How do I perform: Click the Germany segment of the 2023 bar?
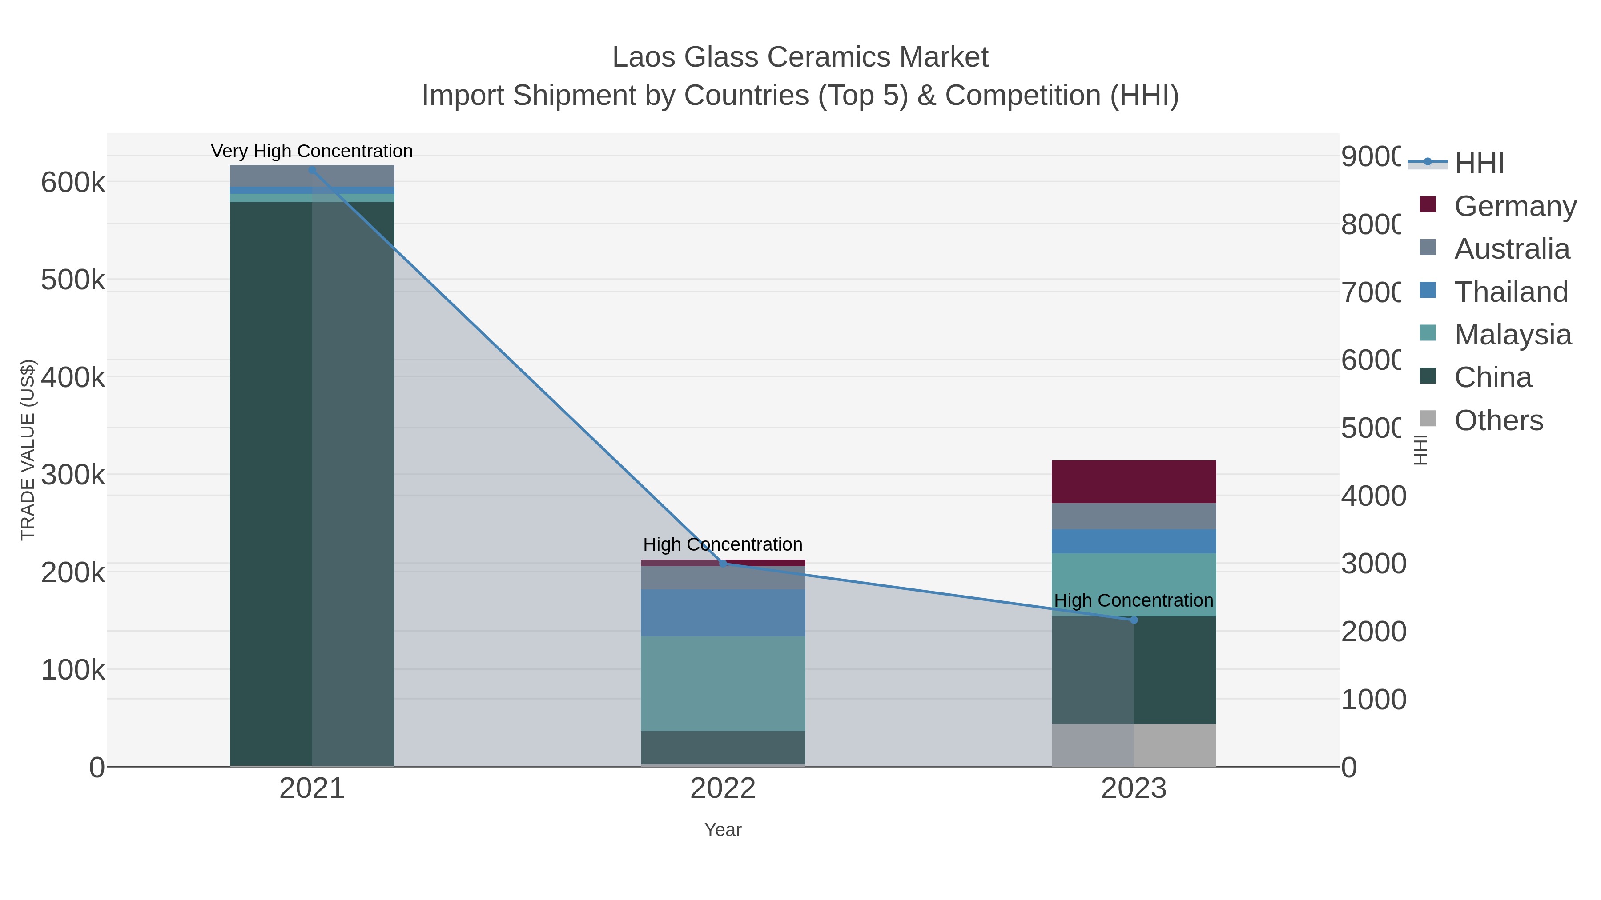tap(1133, 481)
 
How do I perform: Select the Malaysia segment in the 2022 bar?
tap(722, 683)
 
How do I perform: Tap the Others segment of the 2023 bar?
tap(1133, 745)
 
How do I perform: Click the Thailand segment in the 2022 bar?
tap(722, 612)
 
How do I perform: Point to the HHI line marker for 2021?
tap(312, 170)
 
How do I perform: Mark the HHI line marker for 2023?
tap(1134, 620)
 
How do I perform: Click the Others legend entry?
tap(1498, 420)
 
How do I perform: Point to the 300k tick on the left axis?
tap(73, 475)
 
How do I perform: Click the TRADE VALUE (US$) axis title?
tap(28, 450)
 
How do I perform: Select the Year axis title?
tap(722, 830)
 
